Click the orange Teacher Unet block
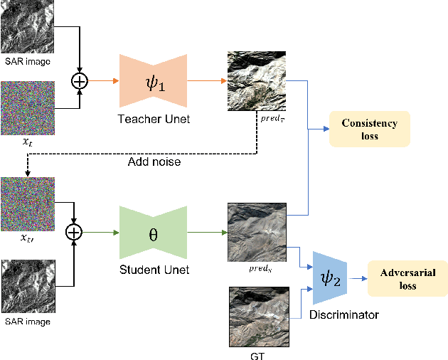154,80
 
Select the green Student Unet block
153,232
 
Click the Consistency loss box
368,129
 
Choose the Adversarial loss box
407,278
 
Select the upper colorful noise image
28,107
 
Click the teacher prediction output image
257,80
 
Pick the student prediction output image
257,232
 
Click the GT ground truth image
259,316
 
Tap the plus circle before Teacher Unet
80,80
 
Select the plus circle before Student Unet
75,232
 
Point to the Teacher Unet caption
154,119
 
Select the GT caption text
259,354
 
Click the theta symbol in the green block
153,232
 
